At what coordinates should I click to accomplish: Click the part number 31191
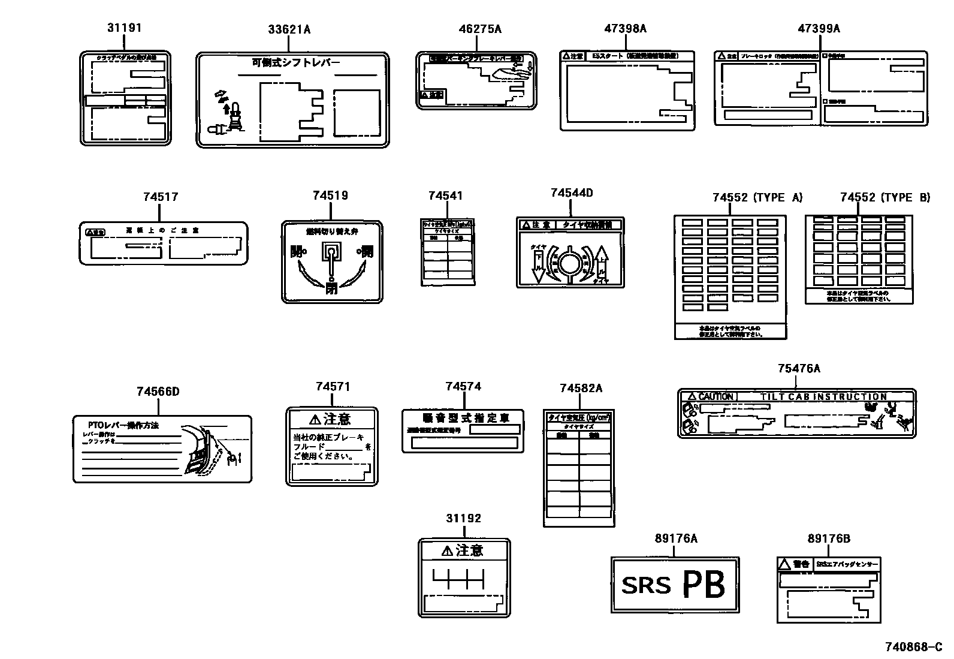click(x=125, y=28)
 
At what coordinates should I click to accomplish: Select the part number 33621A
click(x=289, y=29)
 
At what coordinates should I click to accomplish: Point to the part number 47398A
click(x=625, y=29)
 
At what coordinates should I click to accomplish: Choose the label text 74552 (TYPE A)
click(x=757, y=198)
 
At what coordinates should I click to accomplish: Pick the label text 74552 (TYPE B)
click(x=884, y=198)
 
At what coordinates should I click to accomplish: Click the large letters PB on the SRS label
click(x=704, y=583)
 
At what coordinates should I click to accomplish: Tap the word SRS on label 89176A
click(x=646, y=585)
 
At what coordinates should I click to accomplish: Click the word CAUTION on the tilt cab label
click(x=715, y=396)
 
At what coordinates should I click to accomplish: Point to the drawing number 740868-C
click(x=914, y=647)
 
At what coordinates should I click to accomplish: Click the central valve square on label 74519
click(x=331, y=251)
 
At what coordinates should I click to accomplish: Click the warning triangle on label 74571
click(x=315, y=419)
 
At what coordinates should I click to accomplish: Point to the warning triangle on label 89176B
click(x=784, y=564)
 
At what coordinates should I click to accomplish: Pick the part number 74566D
click(x=158, y=392)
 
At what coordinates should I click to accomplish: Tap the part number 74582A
click(x=581, y=389)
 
